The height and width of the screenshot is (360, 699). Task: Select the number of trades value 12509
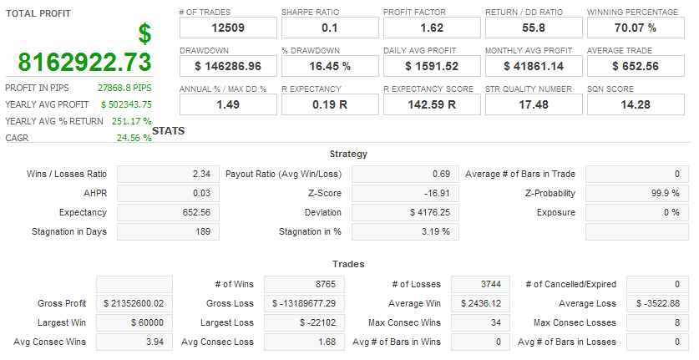point(227,28)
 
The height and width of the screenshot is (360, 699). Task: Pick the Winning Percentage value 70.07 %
point(635,28)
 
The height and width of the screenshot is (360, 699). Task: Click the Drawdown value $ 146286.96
point(227,65)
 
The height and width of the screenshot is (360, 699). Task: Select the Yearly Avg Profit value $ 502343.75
point(126,104)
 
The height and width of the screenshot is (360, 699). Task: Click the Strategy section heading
point(348,154)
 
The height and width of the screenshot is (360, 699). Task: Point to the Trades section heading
point(348,264)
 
